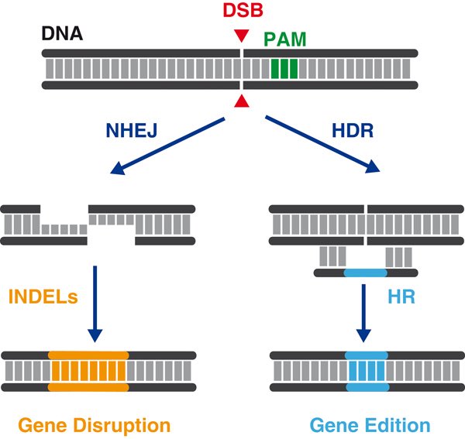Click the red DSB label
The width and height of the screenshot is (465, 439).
243,10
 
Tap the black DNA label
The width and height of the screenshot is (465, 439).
62,33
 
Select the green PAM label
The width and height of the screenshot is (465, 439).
284,39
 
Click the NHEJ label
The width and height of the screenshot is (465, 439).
132,130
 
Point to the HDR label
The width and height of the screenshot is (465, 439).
353,130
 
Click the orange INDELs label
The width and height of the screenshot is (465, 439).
43,297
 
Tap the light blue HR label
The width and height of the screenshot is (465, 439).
401,297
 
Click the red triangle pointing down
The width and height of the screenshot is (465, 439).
242,36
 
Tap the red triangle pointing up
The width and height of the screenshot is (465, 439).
242,101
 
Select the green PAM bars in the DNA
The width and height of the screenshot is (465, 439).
284,69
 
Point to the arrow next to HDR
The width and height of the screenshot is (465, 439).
322,144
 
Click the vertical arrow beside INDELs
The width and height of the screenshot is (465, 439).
95,304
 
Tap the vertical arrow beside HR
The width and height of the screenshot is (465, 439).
363,313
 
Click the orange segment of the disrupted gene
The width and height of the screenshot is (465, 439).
88,371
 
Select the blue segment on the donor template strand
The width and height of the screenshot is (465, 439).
366,273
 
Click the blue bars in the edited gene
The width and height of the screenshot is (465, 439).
367,371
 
